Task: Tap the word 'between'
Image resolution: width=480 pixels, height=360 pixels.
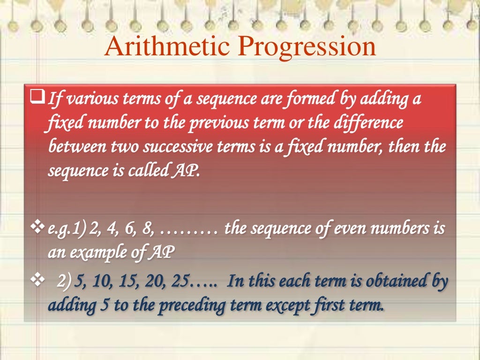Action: [x=76, y=147]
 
